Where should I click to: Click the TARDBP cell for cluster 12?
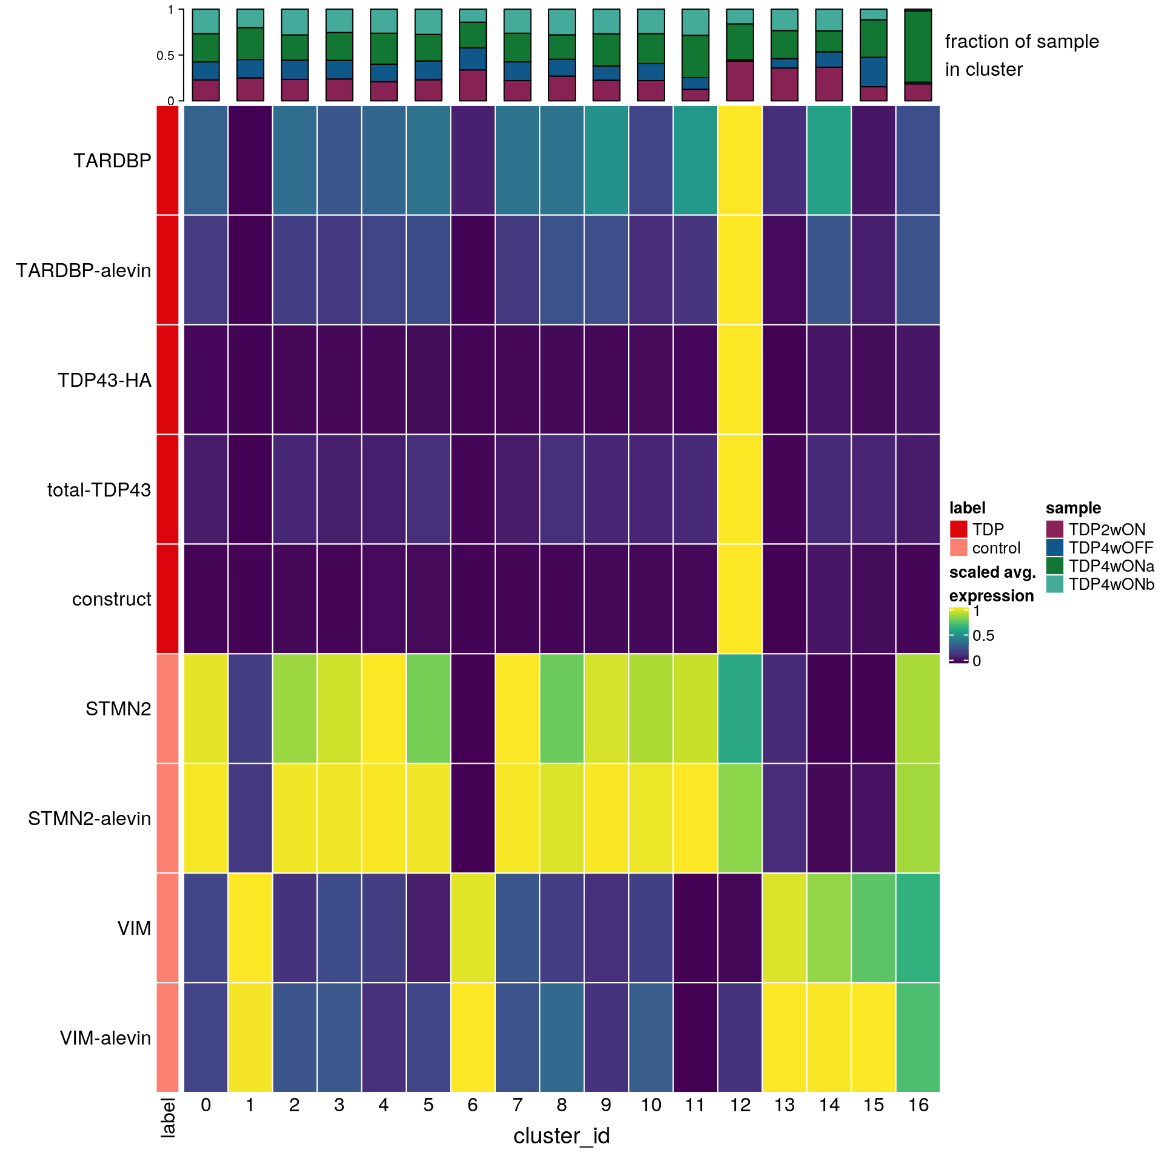pyautogui.click(x=740, y=160)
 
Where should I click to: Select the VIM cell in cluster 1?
pyautogui.click(x=250, y=928)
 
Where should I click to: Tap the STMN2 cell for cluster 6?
pyautogui.click(x=473, y=708)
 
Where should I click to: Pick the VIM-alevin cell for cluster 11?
pyautogui.click(x=695, y=1037)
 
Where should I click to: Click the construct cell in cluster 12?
pyautogui.click(x=740, y=598)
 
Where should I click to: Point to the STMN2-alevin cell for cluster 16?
pyautogui.click(x=918, y=818)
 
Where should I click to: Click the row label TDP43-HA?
pyautogui.click(x=104, y=380)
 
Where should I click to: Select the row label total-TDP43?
pyautogui.click(x=99, y=490)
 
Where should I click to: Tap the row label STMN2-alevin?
pyautogui.click(x=89, y=818)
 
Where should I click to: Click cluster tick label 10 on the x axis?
pyautogui.click(x=651, y=1105)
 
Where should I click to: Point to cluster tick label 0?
pyautogui.click(x=206, y=1105)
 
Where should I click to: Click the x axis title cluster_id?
pyautogui.click(x=561, y=1136)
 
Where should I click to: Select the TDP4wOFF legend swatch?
pyautogui.click(x=1055, y=547)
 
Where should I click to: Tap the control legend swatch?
pyautogui.click(x=958, y=547)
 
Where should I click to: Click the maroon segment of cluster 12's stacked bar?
pyautogui.click(x=740, y=81)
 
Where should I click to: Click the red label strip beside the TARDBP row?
pyautogui.click(x=168, y=160)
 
